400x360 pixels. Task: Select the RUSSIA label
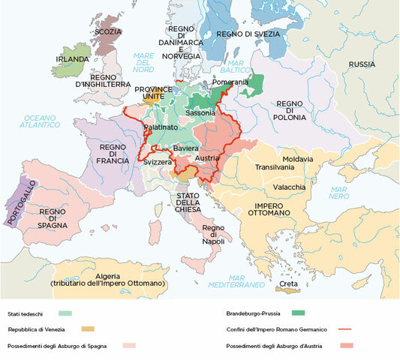(362, 64)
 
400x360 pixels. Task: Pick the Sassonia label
(200, 112)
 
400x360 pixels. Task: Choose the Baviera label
(185, 149)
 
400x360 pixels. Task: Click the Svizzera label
(158, 163)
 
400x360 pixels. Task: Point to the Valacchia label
(288, 186)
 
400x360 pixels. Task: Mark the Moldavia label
(298, 159)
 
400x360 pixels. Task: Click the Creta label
(288, 284)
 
